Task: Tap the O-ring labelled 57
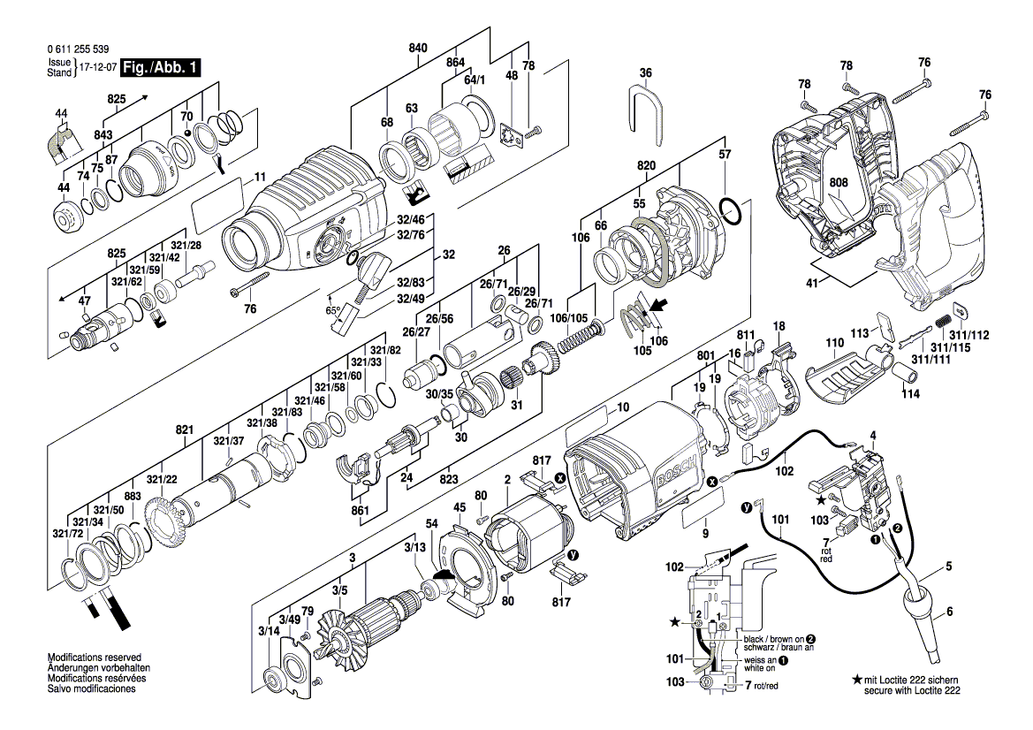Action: click(x=729, y=211)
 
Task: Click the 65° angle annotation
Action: click(x=333, y=311)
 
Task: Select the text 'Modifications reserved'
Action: click(x=94, y=658)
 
